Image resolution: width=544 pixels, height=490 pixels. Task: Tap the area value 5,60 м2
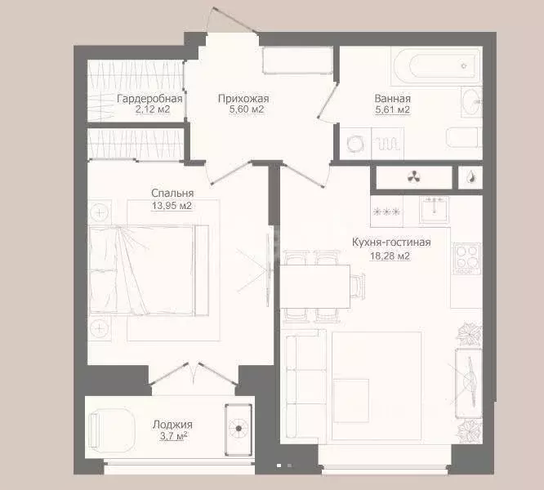tap(243, 109)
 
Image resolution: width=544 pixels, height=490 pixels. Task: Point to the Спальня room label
tap(172, 194)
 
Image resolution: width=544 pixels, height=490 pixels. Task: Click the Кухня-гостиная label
tap(390, 243)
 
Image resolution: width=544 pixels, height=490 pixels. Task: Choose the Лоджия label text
tap(172, 425)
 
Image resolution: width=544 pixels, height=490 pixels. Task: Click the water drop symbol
tap(471, 176)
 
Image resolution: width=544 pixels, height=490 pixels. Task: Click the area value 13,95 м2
tap(172, 206)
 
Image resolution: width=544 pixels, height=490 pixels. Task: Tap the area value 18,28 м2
tap(391, 256)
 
